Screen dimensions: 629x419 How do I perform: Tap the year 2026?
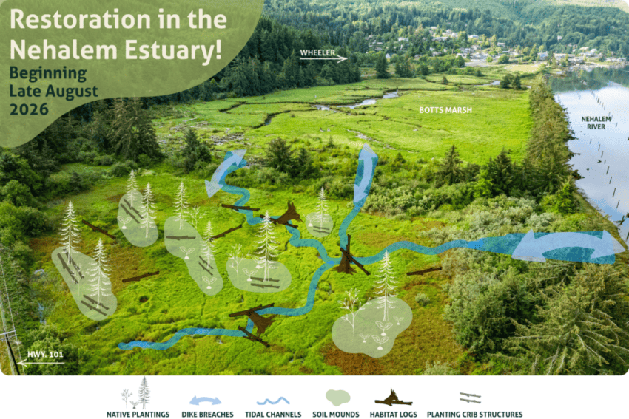pyautogui.click(x=29, y=109)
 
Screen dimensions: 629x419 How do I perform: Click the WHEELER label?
pyautogui.click(x=317, y=52)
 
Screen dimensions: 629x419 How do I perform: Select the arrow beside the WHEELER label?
pyautogui.click(x=323, y=59)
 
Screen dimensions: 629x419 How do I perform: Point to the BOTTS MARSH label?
pyautogui.click(x=445, y=110)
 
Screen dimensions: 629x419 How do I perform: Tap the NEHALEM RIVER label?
pyautogui.click(x=596, y=123)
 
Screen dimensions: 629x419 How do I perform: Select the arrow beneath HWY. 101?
pyautogui.click(x=41, y=363)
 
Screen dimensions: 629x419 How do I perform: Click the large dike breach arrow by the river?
pyautogui.click(x=563, y=247)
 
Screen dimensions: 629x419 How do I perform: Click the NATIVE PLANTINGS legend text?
pyautogui.click(x=138, y=414)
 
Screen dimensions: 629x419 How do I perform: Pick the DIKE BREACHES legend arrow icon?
pyautogui.click(x=205, y=401)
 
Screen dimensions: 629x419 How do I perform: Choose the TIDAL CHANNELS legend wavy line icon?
pyautogui.click(x=273, y=401)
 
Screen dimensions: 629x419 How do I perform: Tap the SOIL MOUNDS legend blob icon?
pyautogui.click(x=337, y=398)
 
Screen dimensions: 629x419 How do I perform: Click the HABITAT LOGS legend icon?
pyautogui.click(x=393, y=398)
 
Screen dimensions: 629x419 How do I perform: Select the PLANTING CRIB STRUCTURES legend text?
pyautogui.click(x=474, y=414)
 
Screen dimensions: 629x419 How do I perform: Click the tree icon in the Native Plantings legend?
pyautogui.click(x=144, y=392)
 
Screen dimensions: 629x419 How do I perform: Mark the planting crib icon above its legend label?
pyautogui.click(x=470, y=398)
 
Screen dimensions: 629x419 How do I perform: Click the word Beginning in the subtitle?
pyautogui.click(x=48, y=74)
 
